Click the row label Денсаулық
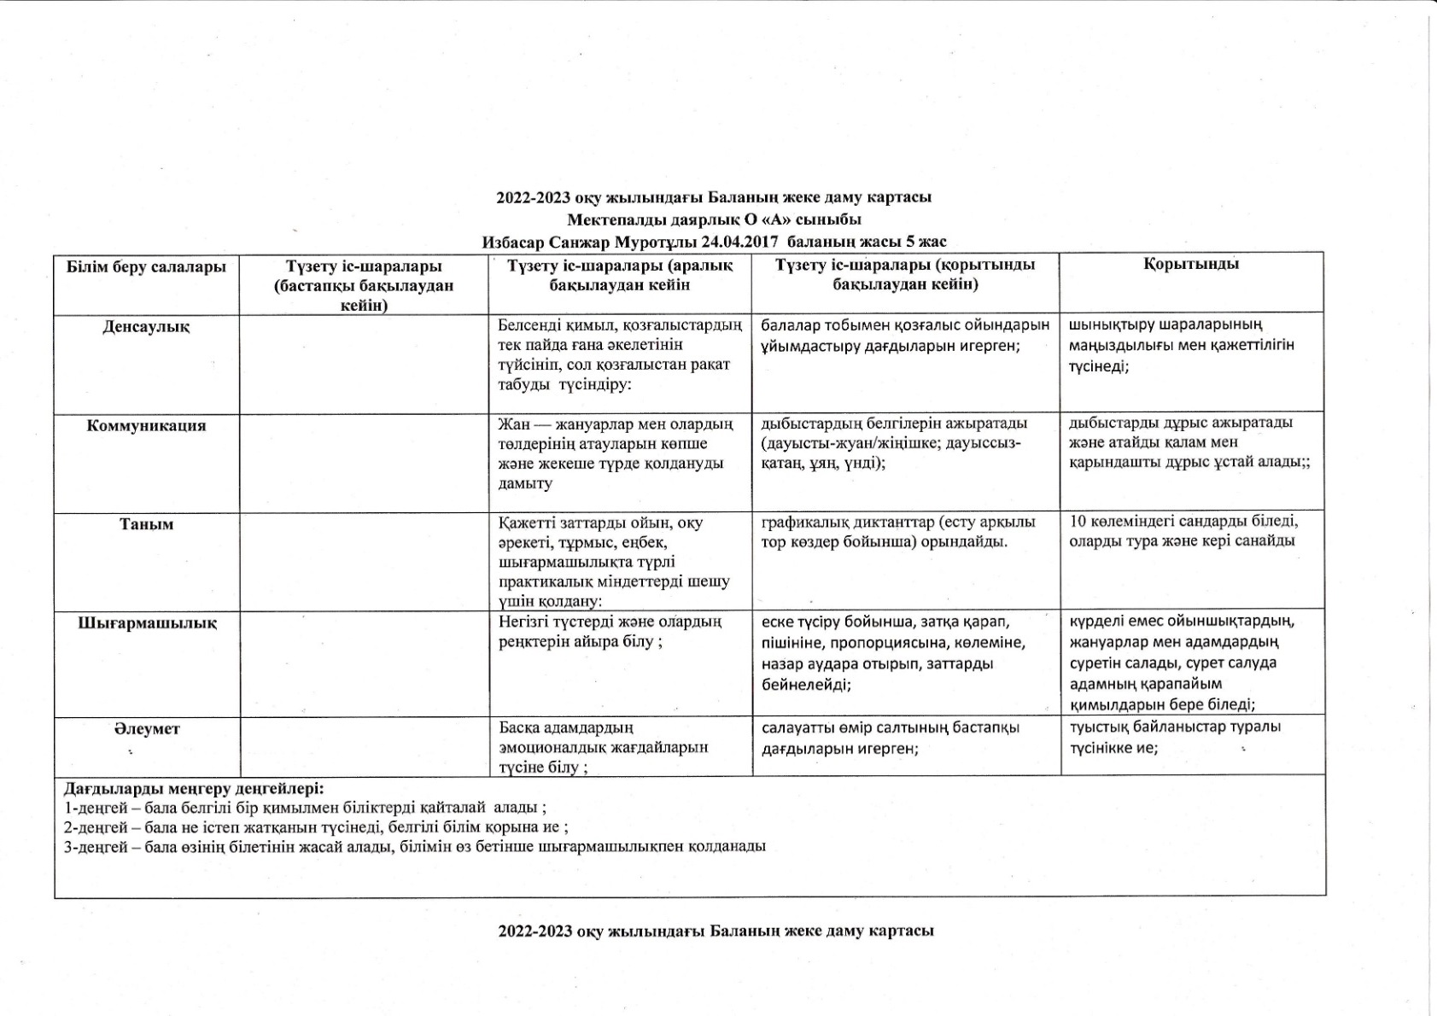click(x=146, y=327)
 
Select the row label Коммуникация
click(x=146, y=426)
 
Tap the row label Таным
click(x=146, y=524)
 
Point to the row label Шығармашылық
click(x=147, y=623)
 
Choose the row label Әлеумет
click(x=146, y=729)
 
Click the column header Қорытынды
click(x=1191, y=264)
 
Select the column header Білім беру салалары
click(x=146, y=266)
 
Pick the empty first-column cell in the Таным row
click(x=364, y=561)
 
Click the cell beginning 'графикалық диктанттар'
click(x=897, y=532)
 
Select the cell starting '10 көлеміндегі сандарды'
click(x=1183, y=531)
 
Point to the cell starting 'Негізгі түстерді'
click(x=610, y=632)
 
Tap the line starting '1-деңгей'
click(x=305, y=807)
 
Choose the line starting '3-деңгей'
click(x=414, y=847)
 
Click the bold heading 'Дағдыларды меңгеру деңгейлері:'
click(x=194, y=787)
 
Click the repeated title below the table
click(x=716, y=931)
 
